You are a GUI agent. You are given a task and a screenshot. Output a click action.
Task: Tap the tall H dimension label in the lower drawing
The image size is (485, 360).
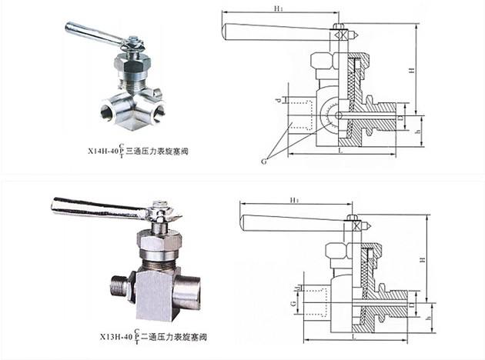[423, 261]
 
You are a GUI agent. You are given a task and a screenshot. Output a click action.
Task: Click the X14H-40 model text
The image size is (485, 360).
[116, 152]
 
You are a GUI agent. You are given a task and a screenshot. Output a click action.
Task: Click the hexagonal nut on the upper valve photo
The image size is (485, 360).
[132, 59]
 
